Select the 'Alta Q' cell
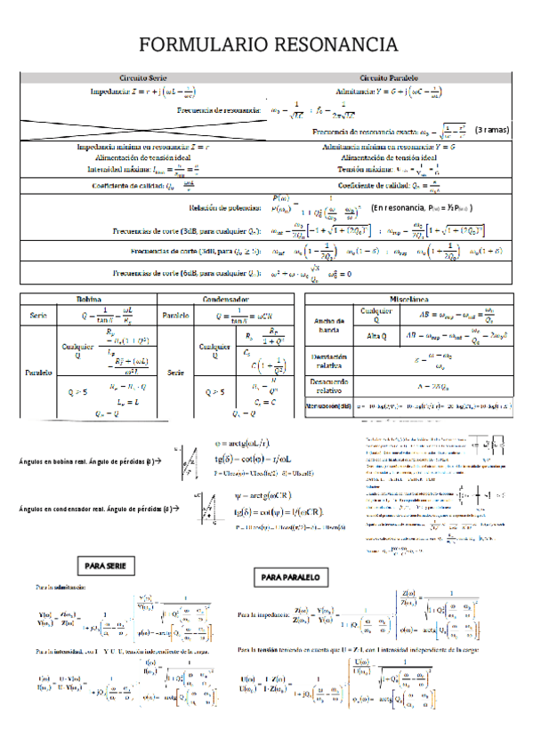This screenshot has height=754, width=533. point(377,335)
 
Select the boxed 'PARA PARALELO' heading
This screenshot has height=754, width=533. point(289,577)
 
